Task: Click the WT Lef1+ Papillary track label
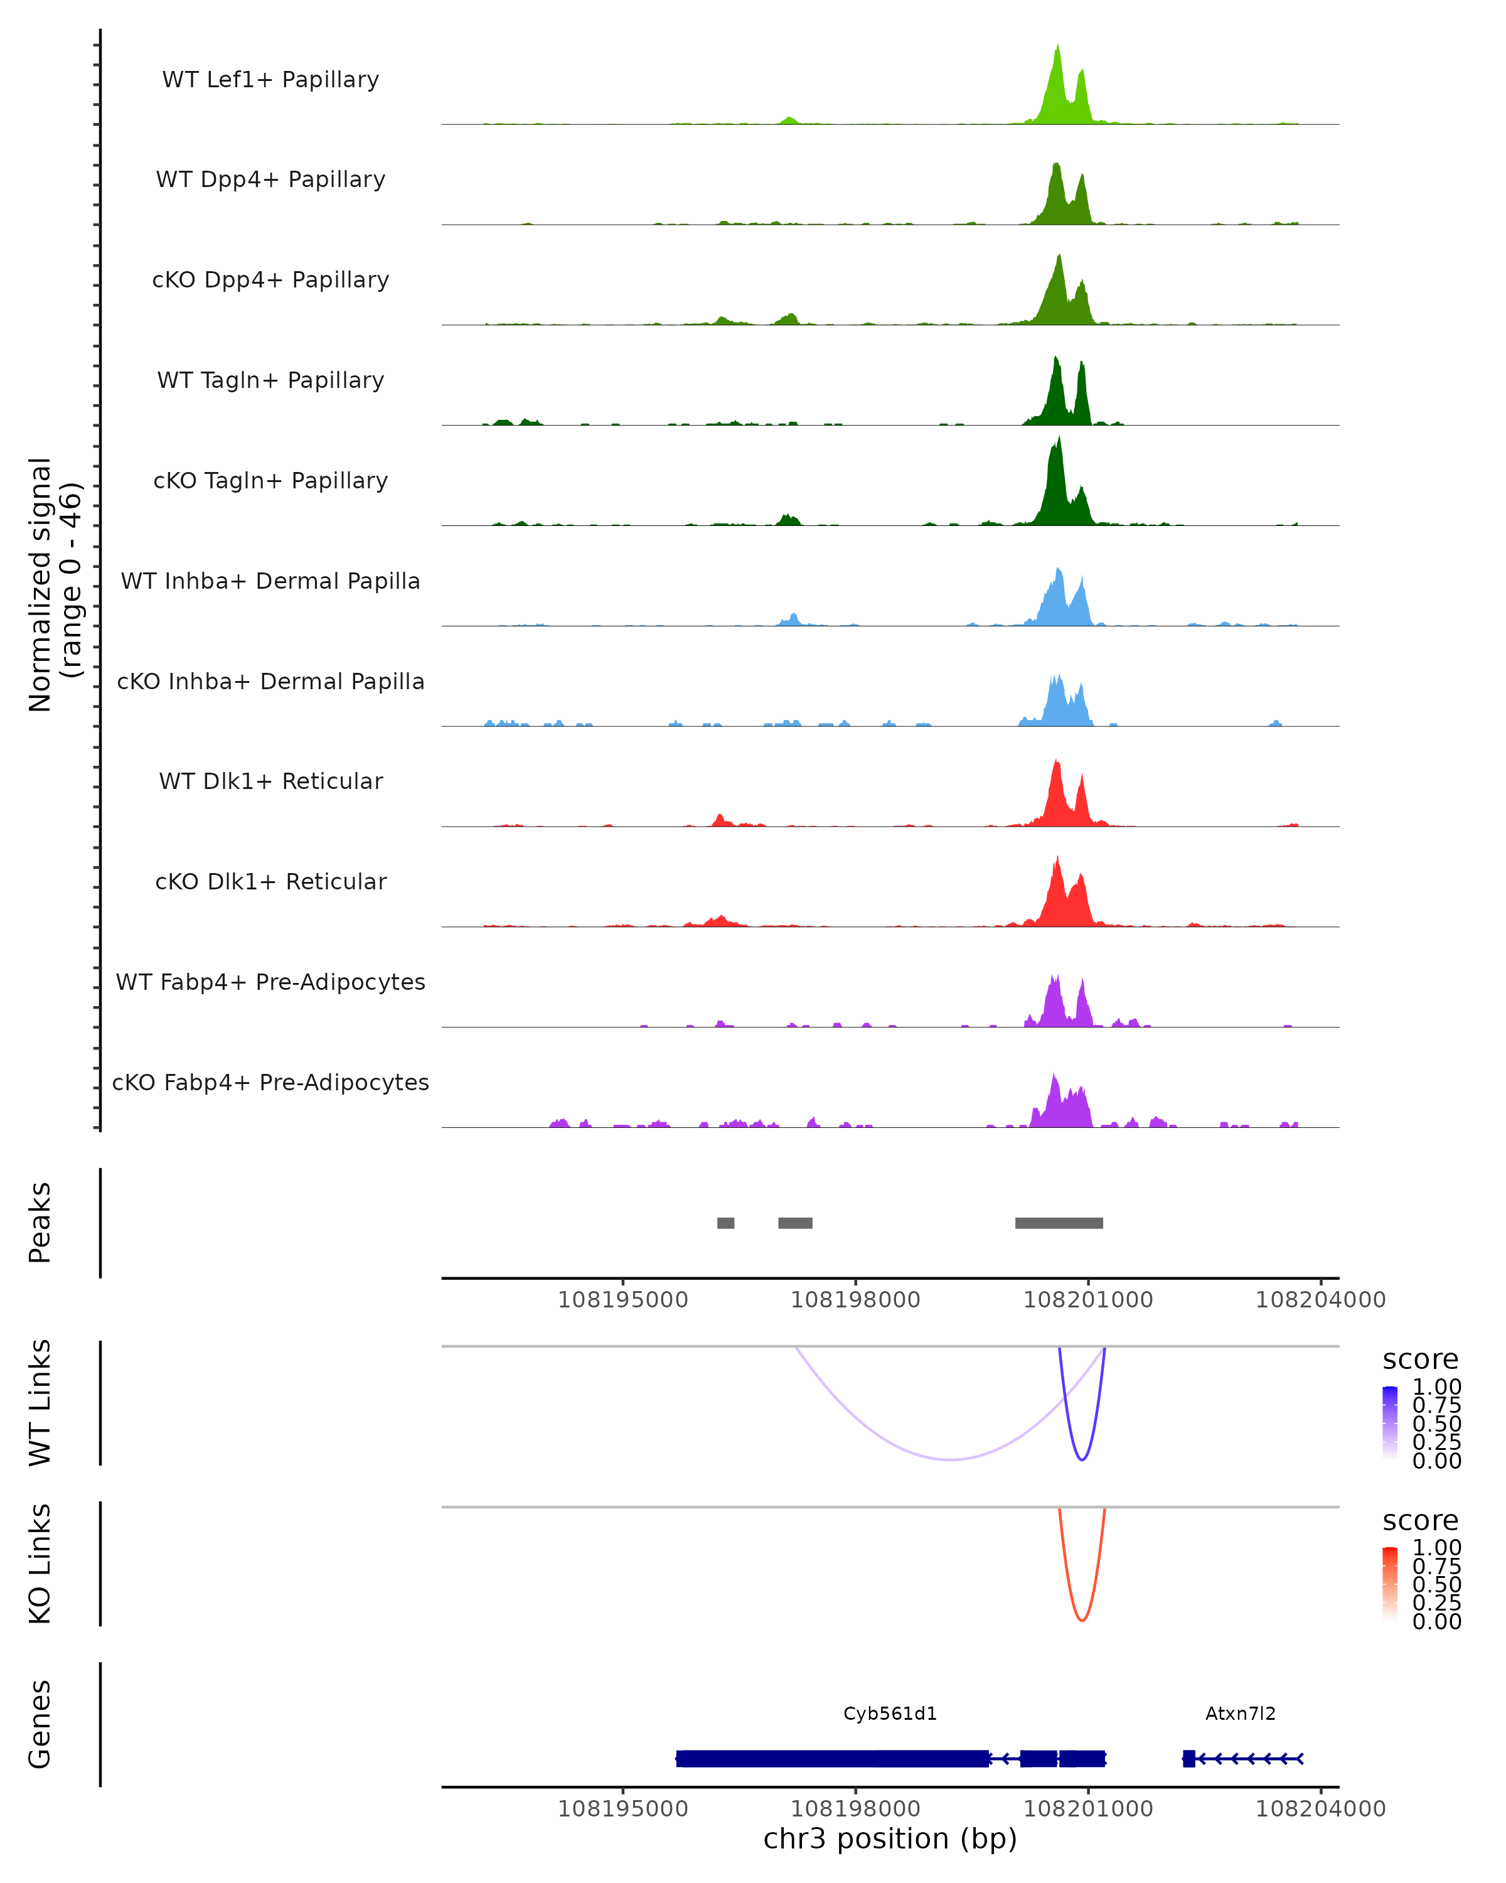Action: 270,80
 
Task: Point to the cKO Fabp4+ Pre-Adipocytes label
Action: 270,1082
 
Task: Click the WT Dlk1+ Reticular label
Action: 270,781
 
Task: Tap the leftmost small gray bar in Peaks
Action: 725,1223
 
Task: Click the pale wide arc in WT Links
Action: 950,1459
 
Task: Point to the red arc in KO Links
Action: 1082,1618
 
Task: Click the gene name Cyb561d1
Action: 890,1714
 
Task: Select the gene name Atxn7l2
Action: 1240,1714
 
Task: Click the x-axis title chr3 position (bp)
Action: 890,1838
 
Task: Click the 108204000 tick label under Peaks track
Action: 1320,1300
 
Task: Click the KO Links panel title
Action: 40,1564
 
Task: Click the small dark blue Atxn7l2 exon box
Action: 1188,1758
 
